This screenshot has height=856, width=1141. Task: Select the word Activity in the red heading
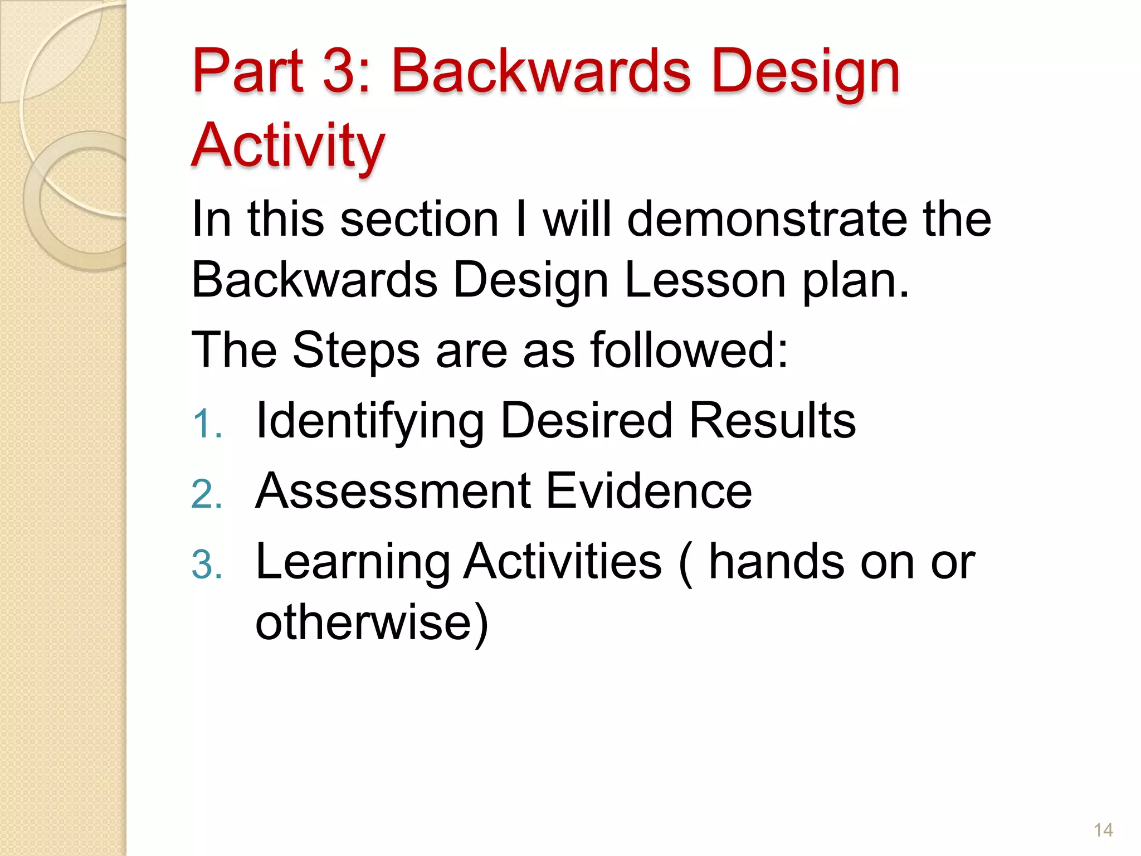tap(288, 146)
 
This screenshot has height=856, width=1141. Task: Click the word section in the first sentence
tap(419, 220)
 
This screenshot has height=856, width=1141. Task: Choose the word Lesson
tap(705, 280)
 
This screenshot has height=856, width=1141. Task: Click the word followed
tap(689, 350)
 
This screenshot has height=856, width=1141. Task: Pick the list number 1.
tap(206, 424)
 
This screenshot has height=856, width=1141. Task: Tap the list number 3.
tap(206, 565)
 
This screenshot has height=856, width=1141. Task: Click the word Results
tap(772, 421)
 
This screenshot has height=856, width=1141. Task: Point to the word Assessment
tap(393, 491)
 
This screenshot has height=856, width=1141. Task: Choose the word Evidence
tap(648, 491)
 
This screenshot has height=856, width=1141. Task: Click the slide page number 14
tap(1103, 830)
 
